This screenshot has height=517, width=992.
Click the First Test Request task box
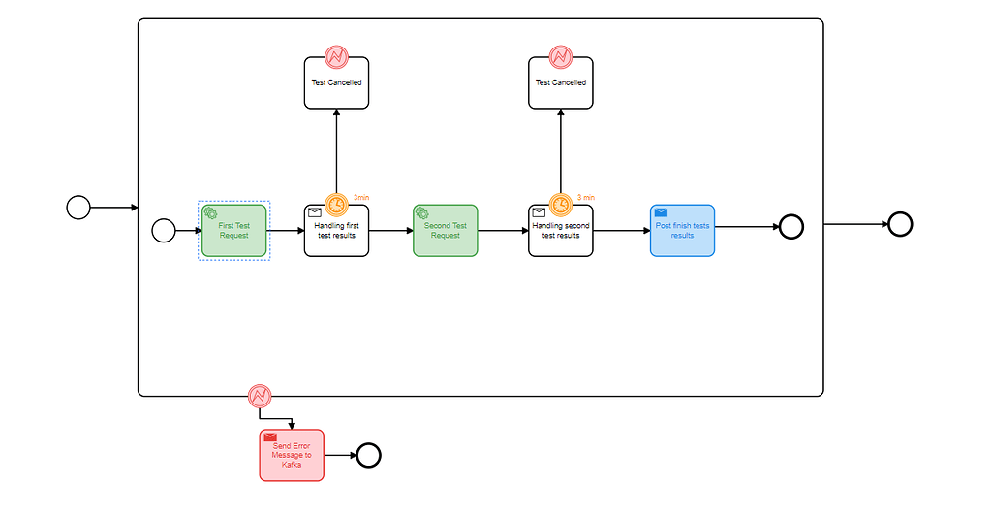[x=233, y=231]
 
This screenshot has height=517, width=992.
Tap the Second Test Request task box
[x=446, y=231]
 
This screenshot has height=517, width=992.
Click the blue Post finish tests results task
[x=682, y=231]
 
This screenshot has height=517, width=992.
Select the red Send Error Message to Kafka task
[x=292, y=455]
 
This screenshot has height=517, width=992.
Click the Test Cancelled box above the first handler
[x=336, y=83]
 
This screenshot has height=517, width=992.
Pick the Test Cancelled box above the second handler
[x=561, y=83]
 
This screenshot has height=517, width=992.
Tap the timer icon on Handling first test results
[x=336, y=205]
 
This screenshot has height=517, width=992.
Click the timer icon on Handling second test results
[x=561, y=205]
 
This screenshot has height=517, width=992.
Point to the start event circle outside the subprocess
[x=78, y=207]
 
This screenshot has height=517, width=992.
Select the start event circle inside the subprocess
[x=164, y=230]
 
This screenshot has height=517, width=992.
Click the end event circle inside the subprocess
[x=791, y=227]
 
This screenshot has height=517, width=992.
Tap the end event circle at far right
[x=900, y=224]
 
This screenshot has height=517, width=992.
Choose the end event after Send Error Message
[x=368, y=455]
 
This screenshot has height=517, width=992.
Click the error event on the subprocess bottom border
[x=259, y=396]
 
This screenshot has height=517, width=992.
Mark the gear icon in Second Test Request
[x=421, y=212]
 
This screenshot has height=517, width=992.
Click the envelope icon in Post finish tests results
[x=661, y=212]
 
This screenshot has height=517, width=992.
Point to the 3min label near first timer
[x=361, y=197]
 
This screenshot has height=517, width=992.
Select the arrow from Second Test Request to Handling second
[x=503, y=231]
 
